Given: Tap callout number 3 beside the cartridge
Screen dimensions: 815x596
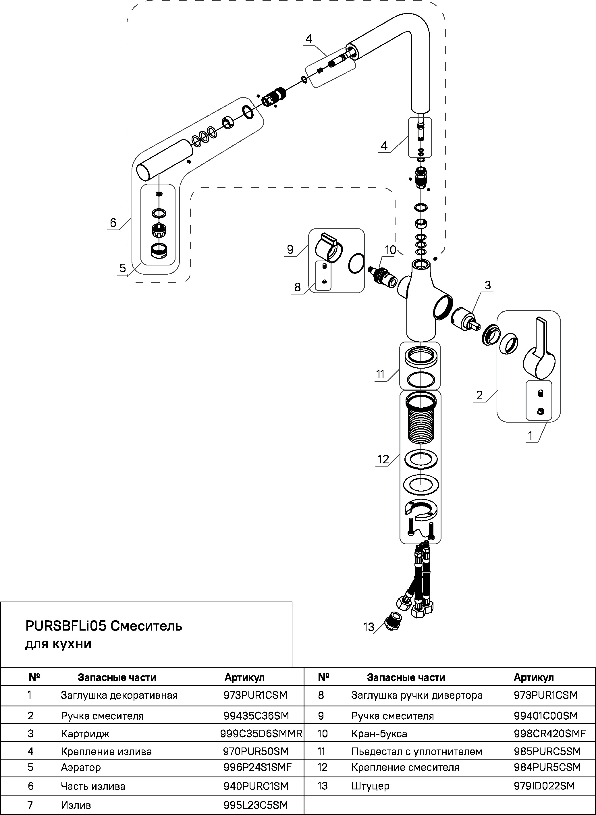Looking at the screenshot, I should tap(487, 285).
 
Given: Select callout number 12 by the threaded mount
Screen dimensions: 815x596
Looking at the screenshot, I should tap(383, 459).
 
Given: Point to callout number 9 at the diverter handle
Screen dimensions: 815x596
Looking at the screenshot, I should tap(290, 249).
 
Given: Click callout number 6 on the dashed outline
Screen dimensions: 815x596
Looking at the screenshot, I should tap(113, 223).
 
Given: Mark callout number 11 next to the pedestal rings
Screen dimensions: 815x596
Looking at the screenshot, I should tap(380, 375).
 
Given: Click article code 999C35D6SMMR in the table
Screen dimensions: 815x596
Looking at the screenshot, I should tap(261, 733).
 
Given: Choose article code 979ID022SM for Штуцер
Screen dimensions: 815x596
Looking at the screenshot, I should tap(544, 785).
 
